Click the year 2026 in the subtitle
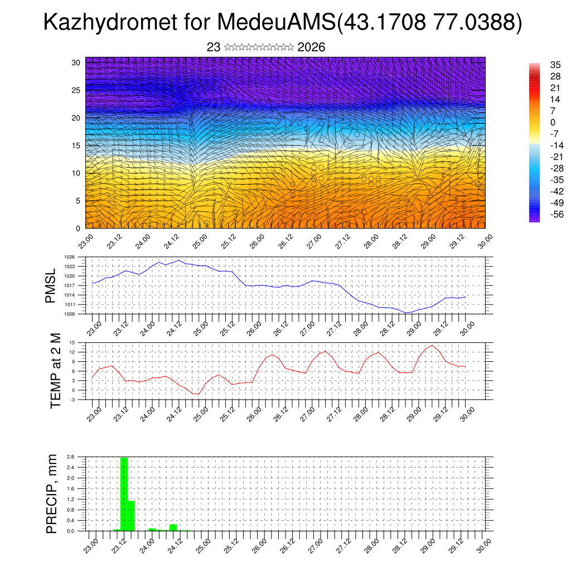(x=311, y=47)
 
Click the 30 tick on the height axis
(x=76, y=62)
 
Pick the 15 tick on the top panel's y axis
(x=76, y=146)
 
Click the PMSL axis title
(x=51, y=285)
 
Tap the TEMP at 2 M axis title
(x=55, y=371)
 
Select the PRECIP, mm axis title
(x=51, y=493)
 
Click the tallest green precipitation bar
(x=124, y=494)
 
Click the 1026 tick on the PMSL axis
(x=69, y=257)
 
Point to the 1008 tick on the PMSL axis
(x=69, y=314)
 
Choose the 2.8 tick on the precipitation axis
(x=70, y=457)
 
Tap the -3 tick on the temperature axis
(x=72, y=399)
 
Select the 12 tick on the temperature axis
(x=72, y=352)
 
